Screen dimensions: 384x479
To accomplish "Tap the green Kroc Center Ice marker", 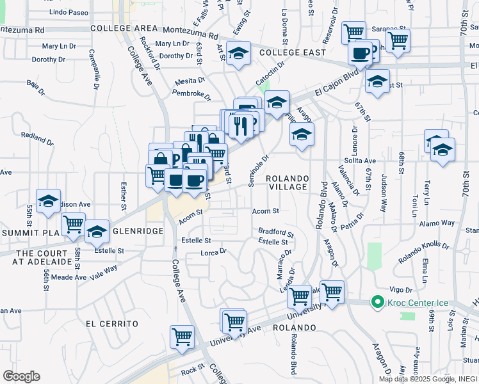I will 377,303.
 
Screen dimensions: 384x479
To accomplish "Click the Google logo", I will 20,376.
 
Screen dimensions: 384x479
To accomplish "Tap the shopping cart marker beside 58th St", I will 74,225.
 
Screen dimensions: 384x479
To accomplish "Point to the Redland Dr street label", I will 37,137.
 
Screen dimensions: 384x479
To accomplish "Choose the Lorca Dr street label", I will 214,252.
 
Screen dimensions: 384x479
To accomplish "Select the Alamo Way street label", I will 437,223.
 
